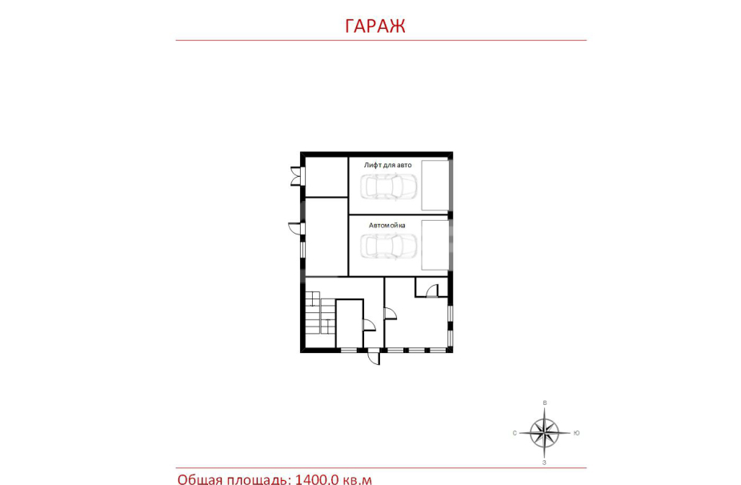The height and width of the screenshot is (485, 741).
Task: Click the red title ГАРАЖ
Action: [x=375, y=26]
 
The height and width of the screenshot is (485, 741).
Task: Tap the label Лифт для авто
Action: [x=387, y=165]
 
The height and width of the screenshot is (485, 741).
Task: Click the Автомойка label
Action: [x=387, y=226]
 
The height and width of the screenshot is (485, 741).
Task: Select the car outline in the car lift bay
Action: [x=388, y=186]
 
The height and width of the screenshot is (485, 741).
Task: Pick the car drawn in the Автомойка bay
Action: [x=388, y=247]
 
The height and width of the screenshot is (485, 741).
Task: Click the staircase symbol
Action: [x=320, y=313]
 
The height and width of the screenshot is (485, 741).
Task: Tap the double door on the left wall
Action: [x=296, y=176]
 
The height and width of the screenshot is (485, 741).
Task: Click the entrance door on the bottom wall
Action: [x=374, y=357]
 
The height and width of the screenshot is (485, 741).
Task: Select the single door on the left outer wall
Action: [x=296, y=228]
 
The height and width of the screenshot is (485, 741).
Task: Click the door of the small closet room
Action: [x=431, y=291]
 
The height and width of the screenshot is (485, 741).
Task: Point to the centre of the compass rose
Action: [x=544, y=432]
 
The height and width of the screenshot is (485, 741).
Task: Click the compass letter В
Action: [x=545, y=403]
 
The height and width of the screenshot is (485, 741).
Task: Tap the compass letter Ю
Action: [x=576, y=433]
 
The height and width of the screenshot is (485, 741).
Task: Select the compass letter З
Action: [x=544, y=463]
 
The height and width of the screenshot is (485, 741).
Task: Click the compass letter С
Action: [x=515, y=433]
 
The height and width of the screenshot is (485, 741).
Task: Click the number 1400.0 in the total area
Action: [x=317, y=479]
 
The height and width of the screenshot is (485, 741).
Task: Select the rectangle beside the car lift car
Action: [x=435, y=186]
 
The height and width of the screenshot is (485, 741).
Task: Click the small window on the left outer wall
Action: [x=302, y=249]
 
